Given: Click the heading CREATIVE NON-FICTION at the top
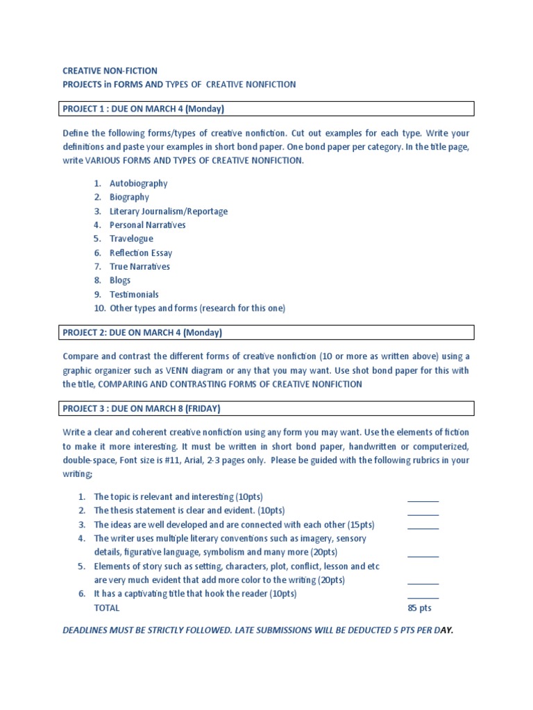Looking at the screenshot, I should click(110, 71).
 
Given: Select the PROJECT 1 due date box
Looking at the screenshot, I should click(266, 109).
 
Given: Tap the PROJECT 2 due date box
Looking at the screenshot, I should click(266, 333).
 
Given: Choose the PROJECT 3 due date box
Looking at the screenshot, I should click(266, 408).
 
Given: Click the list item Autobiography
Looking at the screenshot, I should click(138, 184).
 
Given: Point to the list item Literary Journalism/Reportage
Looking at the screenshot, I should click(168, 211).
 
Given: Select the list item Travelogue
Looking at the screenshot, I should click(131, 239).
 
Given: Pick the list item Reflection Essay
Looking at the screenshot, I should click(141, 253).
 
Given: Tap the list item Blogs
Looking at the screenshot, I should click(120, 281).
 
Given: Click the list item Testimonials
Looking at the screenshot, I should click(134, 295).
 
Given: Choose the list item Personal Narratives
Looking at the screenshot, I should click(147, 225).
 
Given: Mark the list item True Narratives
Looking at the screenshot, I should click(139, 267).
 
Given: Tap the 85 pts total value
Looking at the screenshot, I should click(419, 608).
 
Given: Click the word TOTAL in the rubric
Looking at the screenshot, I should click(106, 608).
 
